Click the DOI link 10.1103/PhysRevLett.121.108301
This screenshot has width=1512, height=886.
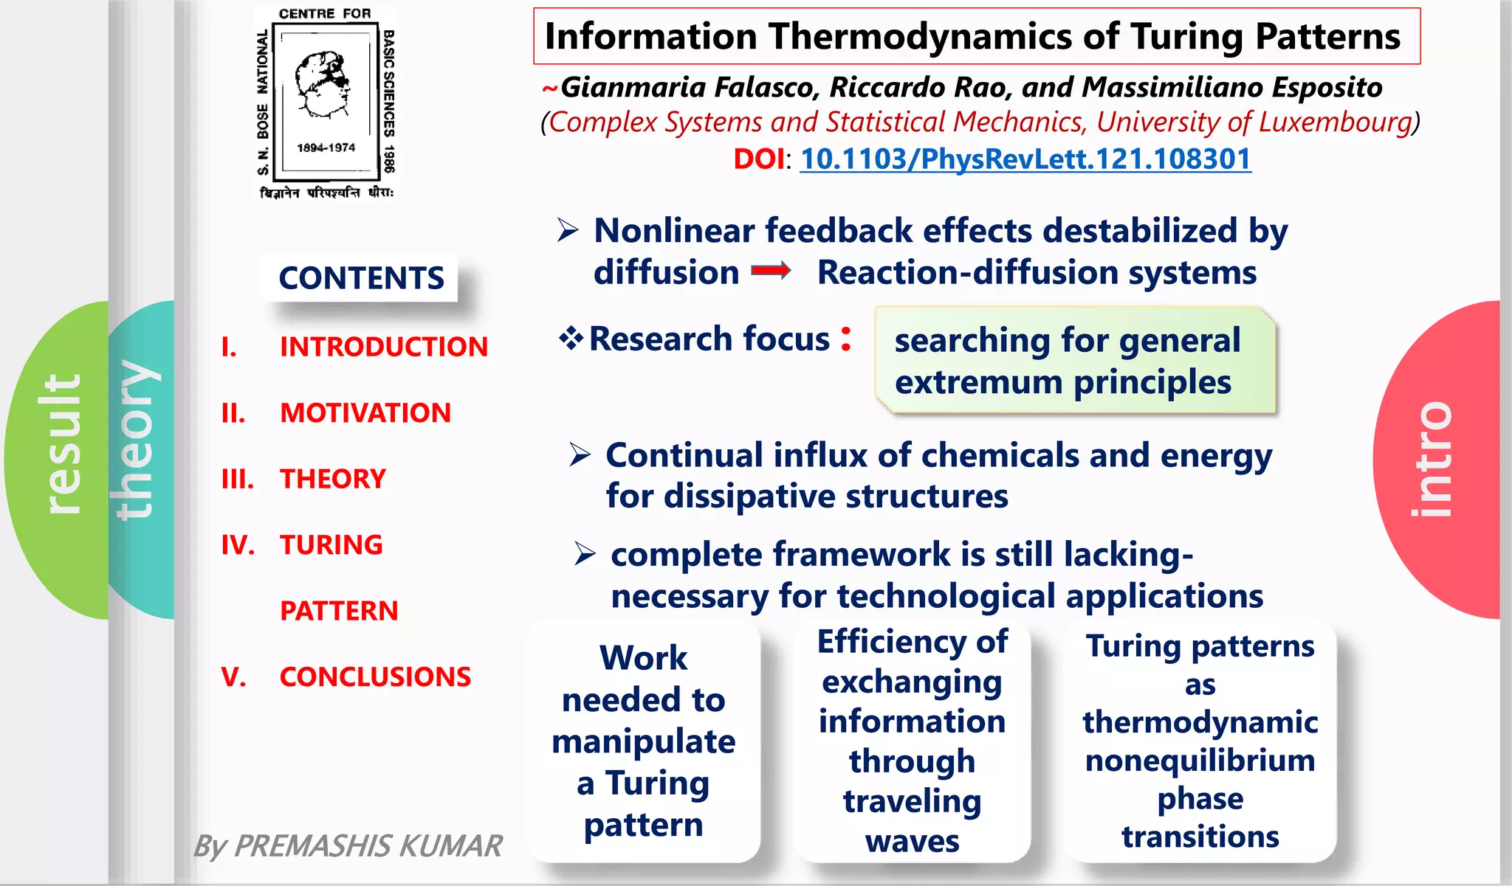pyautogui.click(x=1025, y=159)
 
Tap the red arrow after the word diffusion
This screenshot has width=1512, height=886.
pyautogui.click(x=771, y=271)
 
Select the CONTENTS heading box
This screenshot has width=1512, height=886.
pyautogui.click(x=360, y=278)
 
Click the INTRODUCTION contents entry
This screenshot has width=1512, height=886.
pyautogui.click(x=383, y=347)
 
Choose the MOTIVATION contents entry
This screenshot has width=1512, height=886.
pyautogui.click(x=365, y=412)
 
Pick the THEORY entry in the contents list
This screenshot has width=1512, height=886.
pyautogui.click(x=332, y=479)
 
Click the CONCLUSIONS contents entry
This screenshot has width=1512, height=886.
pyautogui.click(x=375, y=676)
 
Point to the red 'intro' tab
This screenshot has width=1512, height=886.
pyautogui.click(x=1432, y=459)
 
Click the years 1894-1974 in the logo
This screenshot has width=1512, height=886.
pyautogui.click(x=326, y=148)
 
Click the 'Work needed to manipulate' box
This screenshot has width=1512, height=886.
pyautogui.click(x=643, y=741)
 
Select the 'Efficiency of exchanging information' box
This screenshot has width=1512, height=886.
pyautogui.click(x=912, y=741)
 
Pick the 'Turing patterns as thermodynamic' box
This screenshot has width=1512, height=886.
pyautogui.click(x=1200, y=741)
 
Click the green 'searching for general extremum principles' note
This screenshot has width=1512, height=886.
pyautogui.click(x=1074, y=361)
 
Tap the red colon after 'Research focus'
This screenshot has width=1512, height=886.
pyautogui.click(x=846, y=339)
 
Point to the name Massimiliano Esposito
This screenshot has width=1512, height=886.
pyautogui.click(x=1231, y=87)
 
